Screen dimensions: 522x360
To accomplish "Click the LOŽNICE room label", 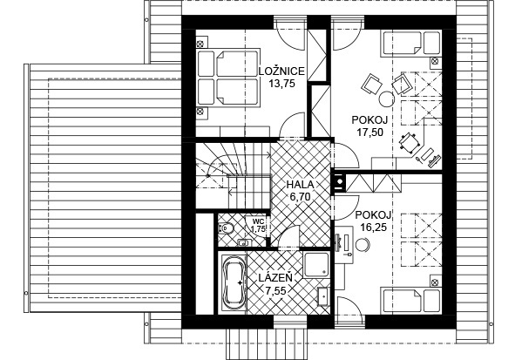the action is click(x=281, y=71).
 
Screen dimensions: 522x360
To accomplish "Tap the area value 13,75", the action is click(x=282, y=84).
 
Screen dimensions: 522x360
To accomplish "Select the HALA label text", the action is click(x=301, y=185).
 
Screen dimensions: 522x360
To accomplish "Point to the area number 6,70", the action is click(x=301, y=197).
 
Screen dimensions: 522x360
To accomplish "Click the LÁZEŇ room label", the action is click(x=276, y=278).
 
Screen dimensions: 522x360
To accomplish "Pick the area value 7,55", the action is click(x=275, y=291).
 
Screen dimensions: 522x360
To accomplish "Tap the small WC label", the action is click(x=258, y=221).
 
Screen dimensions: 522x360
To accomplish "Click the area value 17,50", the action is click(x=369, y=132).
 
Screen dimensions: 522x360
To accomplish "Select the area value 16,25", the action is click(x=373, y=228).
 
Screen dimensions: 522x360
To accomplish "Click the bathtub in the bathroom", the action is click(x=234, y=282).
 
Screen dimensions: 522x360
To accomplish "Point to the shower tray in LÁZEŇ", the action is click(x=316, y=265).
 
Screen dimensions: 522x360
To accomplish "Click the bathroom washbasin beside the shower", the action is click(x=324, y=295).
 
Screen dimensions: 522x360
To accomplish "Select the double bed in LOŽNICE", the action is click(x=228, y=78).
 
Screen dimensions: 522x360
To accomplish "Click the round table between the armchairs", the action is click(x=387, y=98).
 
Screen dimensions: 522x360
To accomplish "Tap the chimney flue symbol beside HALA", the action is click(x=339, y=182).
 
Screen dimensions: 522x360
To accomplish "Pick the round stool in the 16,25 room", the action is click(x=363, y=245).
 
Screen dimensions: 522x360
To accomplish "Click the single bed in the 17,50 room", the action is click(x=411, y=43).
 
